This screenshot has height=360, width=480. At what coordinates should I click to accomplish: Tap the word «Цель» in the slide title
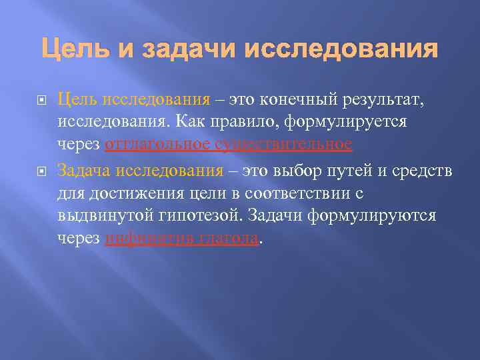pyautogui.click(x=68, y=49)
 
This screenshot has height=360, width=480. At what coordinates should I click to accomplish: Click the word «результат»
pyautogui.click(x=378, y=100)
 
